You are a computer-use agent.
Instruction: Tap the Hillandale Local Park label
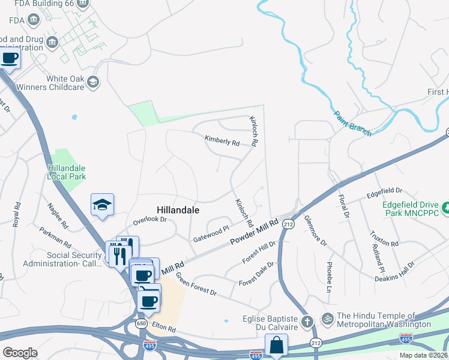pos(67,172)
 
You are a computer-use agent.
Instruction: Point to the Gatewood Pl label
pos(211,234)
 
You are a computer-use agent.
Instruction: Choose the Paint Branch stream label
pos(352,124)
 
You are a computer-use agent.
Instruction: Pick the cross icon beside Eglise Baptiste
pos(307,322)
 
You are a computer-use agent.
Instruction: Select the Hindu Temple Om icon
pos(327,317)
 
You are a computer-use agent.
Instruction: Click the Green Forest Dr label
pos(196,284)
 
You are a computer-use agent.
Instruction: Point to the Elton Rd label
pos(163,329)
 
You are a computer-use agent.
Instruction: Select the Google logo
pos(20,352)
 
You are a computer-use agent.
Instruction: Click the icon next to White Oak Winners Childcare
pos(92,82)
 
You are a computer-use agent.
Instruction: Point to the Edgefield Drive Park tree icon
pos(447,208)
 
